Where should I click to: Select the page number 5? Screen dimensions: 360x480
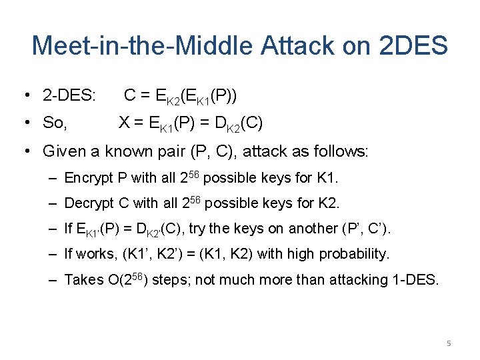(449, 343)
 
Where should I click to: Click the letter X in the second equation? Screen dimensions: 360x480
(123, 123)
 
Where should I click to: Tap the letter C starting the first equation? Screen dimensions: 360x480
(130, 97)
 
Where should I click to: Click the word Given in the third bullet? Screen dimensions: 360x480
(65, 151)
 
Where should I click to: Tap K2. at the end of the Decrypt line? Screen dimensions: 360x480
(329, 203)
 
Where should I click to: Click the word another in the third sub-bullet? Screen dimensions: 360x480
(313, 229)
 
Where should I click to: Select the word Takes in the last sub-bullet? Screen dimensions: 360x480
(83, 280)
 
